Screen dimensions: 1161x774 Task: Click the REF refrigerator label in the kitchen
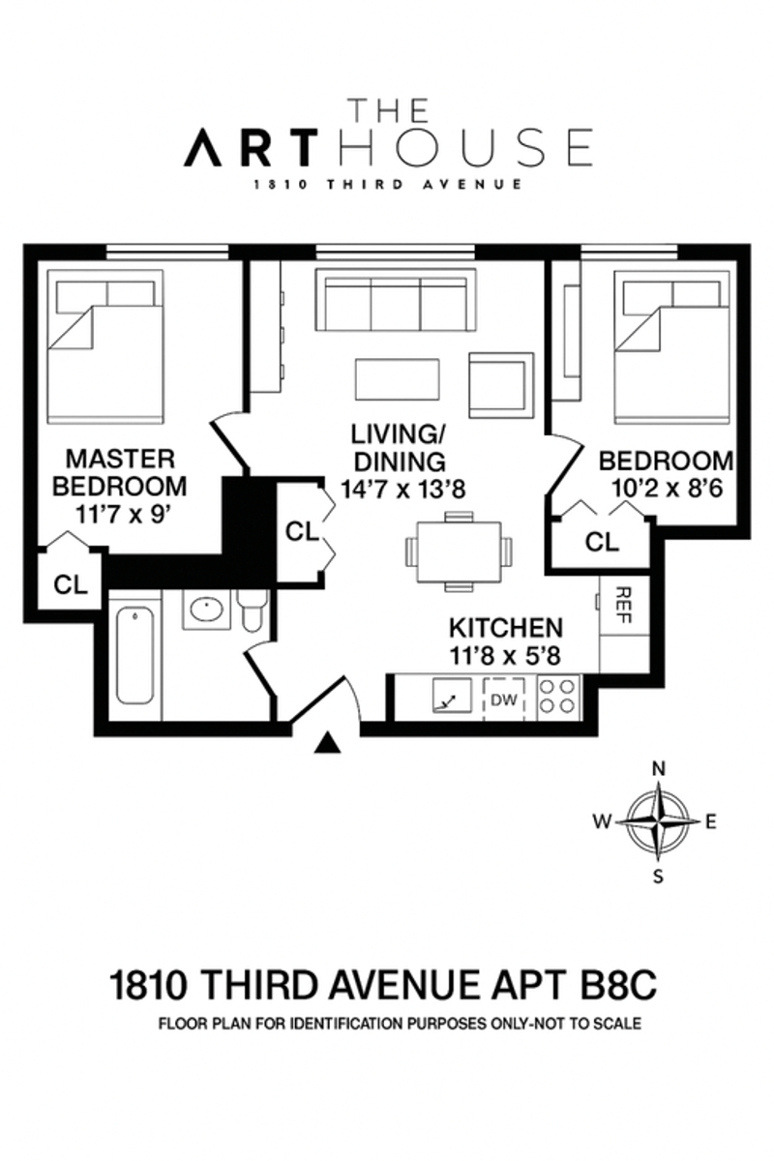[x=623, y=607]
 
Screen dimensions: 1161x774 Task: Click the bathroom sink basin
[x=205, y=610]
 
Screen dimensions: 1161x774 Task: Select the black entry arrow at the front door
[x=329, y=742]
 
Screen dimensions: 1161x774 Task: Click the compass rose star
[x=659, y=820]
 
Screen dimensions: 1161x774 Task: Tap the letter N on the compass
[x=659, y=769]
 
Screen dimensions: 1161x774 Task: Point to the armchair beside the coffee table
[x=501, y=384]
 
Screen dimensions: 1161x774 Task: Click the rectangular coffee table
[x=397, y=379]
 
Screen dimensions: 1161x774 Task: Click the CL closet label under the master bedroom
[x=70, y=583]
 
